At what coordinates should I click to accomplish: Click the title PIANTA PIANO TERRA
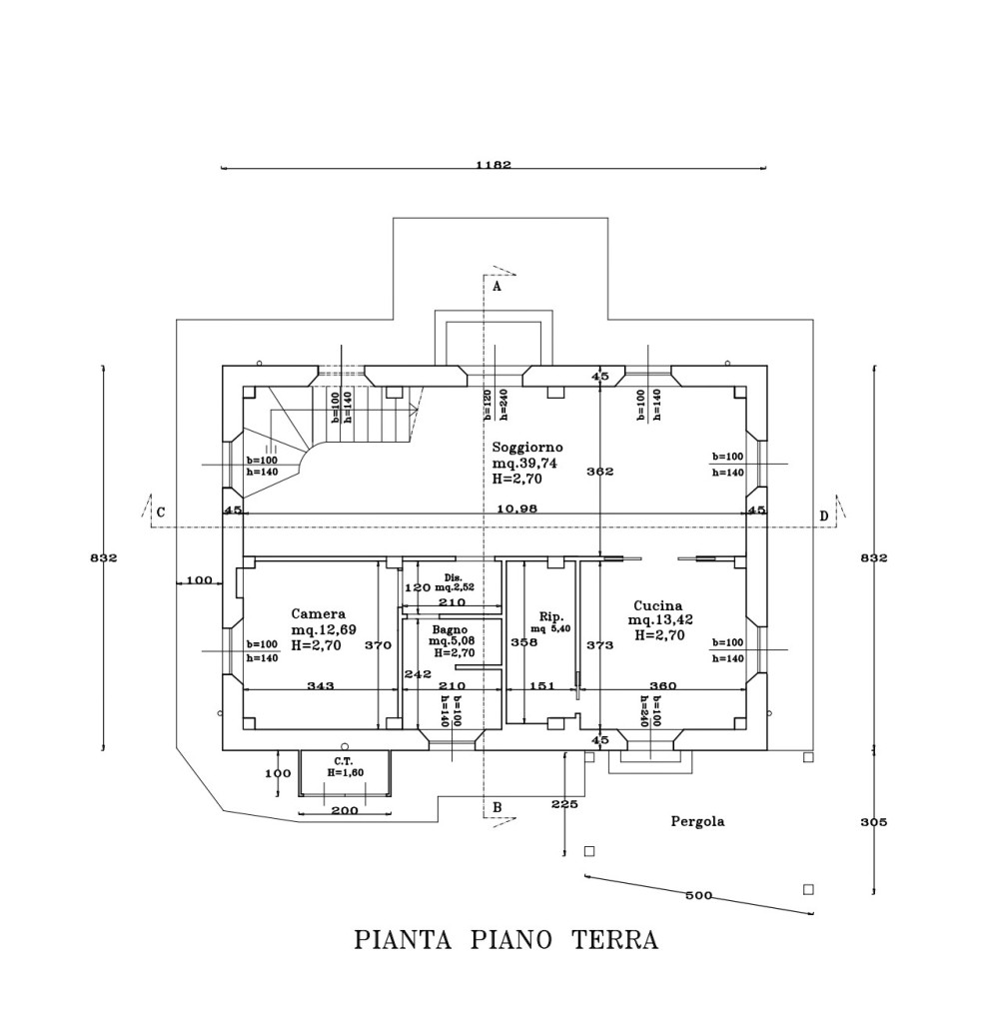pos(506,940)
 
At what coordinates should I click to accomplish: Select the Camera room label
pos(319,614)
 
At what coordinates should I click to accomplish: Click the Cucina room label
pos(658,605)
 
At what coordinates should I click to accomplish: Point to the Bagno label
pos(451,630)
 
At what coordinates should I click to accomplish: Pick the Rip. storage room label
pos(551,615)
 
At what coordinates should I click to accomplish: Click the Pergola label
pos(696,822)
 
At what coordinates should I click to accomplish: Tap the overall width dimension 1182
pos(494,165)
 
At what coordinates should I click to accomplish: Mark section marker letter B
pos(497,806)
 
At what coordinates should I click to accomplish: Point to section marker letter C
pos(160,514)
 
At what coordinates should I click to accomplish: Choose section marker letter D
pos(824,515)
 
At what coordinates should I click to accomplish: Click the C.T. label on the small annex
pos(345,761)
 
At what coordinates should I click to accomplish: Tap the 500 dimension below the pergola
pos(699,895)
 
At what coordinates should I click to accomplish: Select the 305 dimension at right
pos(873,822)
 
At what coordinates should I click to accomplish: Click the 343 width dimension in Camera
pos(320,685)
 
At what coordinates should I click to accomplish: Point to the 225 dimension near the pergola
pos(564,804)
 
